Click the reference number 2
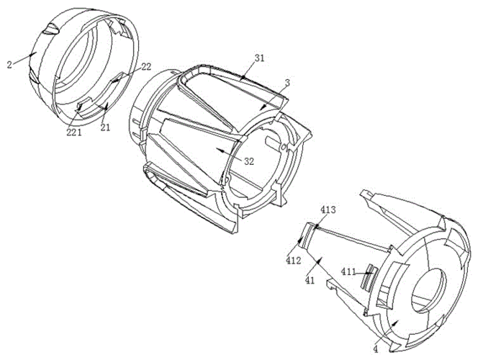click(x=9, y=65)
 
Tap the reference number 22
click(x=147, y=67)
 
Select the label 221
click(x=74, y=132)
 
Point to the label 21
click(x=105, y=127)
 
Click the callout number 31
click(x=260, y=58)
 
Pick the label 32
click(x=249, y=161)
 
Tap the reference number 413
click(x=328, y=210)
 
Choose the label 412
click(x=293, y=261)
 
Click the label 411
click(x=348, y=271)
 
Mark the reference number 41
click(x=310, y=281)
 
